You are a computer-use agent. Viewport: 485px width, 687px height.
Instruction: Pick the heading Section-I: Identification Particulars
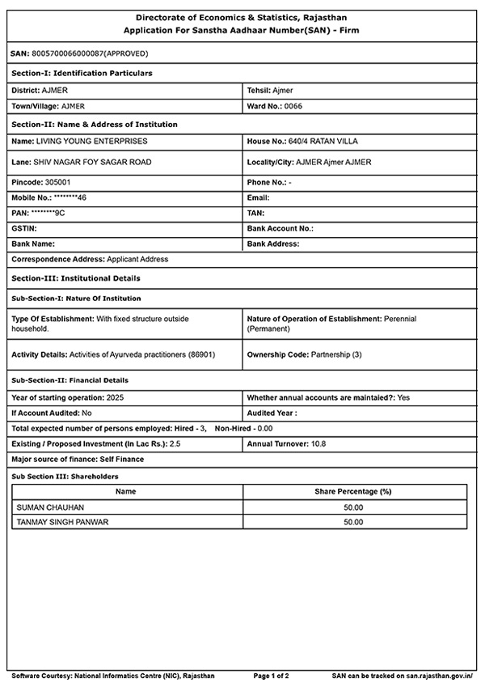tap(82, 74)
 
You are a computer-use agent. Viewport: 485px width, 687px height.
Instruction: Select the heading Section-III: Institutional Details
tap(76, 278)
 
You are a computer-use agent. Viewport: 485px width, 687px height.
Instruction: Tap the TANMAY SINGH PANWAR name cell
tap(62, 523)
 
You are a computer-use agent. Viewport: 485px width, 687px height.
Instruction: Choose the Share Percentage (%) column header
tap(352, 491)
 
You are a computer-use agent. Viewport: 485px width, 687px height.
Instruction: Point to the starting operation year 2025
tap(115, 398)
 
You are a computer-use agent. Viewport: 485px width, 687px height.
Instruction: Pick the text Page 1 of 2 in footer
tap(272, 675)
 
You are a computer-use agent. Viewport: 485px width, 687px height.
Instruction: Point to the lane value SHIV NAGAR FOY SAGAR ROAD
tap(94, 162)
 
